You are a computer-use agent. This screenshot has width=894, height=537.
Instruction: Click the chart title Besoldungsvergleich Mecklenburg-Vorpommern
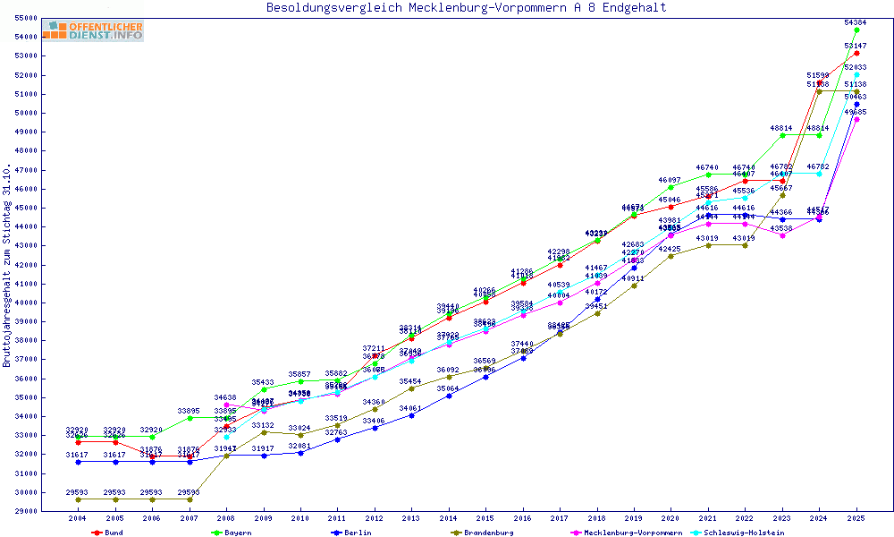click(x=466, y=8)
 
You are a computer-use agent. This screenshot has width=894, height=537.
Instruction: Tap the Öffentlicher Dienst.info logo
click(x=93, y=31)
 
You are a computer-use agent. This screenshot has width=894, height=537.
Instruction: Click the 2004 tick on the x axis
click(x=78, y=518)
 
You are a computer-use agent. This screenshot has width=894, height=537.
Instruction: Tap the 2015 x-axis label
click(x=485, y=518)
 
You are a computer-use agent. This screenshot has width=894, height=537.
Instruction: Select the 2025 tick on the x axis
click(x=856, y=518)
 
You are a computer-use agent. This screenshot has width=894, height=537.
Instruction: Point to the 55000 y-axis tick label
click(x=25, y=18)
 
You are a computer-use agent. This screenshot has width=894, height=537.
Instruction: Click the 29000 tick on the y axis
click(x=25, y=511)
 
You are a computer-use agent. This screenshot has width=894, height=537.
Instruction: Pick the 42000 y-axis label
click(x=25, y=265)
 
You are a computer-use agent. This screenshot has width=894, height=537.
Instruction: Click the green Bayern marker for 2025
click(x=856, y=30)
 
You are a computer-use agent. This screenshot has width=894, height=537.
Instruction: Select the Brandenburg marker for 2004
click(x=78, y=499)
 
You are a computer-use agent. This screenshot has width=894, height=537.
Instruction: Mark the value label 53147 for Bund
click(x=856, y=45)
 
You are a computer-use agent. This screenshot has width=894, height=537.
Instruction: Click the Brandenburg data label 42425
click(x=670, y=248)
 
